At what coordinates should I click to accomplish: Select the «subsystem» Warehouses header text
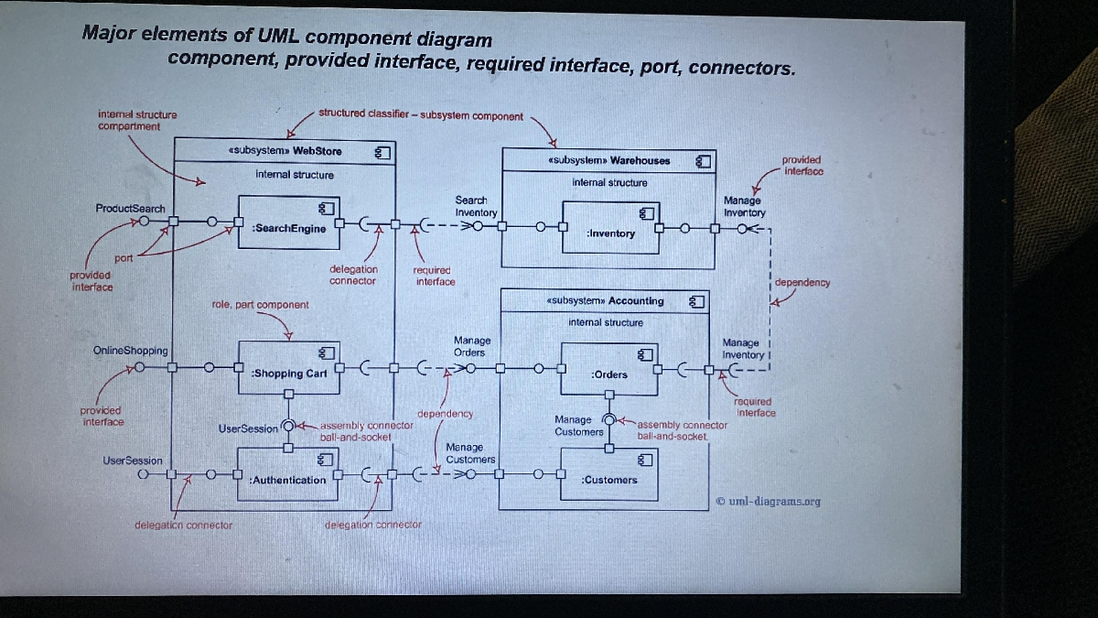[x=608, y=160]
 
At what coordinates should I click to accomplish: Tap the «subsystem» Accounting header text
[x=605, y=300]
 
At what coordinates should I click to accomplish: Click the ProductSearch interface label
[x=130, y=208]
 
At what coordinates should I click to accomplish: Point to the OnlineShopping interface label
[x=131, y=351]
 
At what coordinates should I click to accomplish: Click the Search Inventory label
[x=475, y=206]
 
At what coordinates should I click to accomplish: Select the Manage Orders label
[x=471, y=346]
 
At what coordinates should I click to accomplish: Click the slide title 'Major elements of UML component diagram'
[x=286, y=37]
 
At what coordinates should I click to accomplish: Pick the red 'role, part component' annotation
[x=260, y=304]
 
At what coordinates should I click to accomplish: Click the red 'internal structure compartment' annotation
[x=137, y=120]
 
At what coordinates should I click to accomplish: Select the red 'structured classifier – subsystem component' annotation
[x=421, y=115]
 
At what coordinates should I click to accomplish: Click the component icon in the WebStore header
[x=383, y=151]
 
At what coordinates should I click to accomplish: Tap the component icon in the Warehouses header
[x=703, y=161]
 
